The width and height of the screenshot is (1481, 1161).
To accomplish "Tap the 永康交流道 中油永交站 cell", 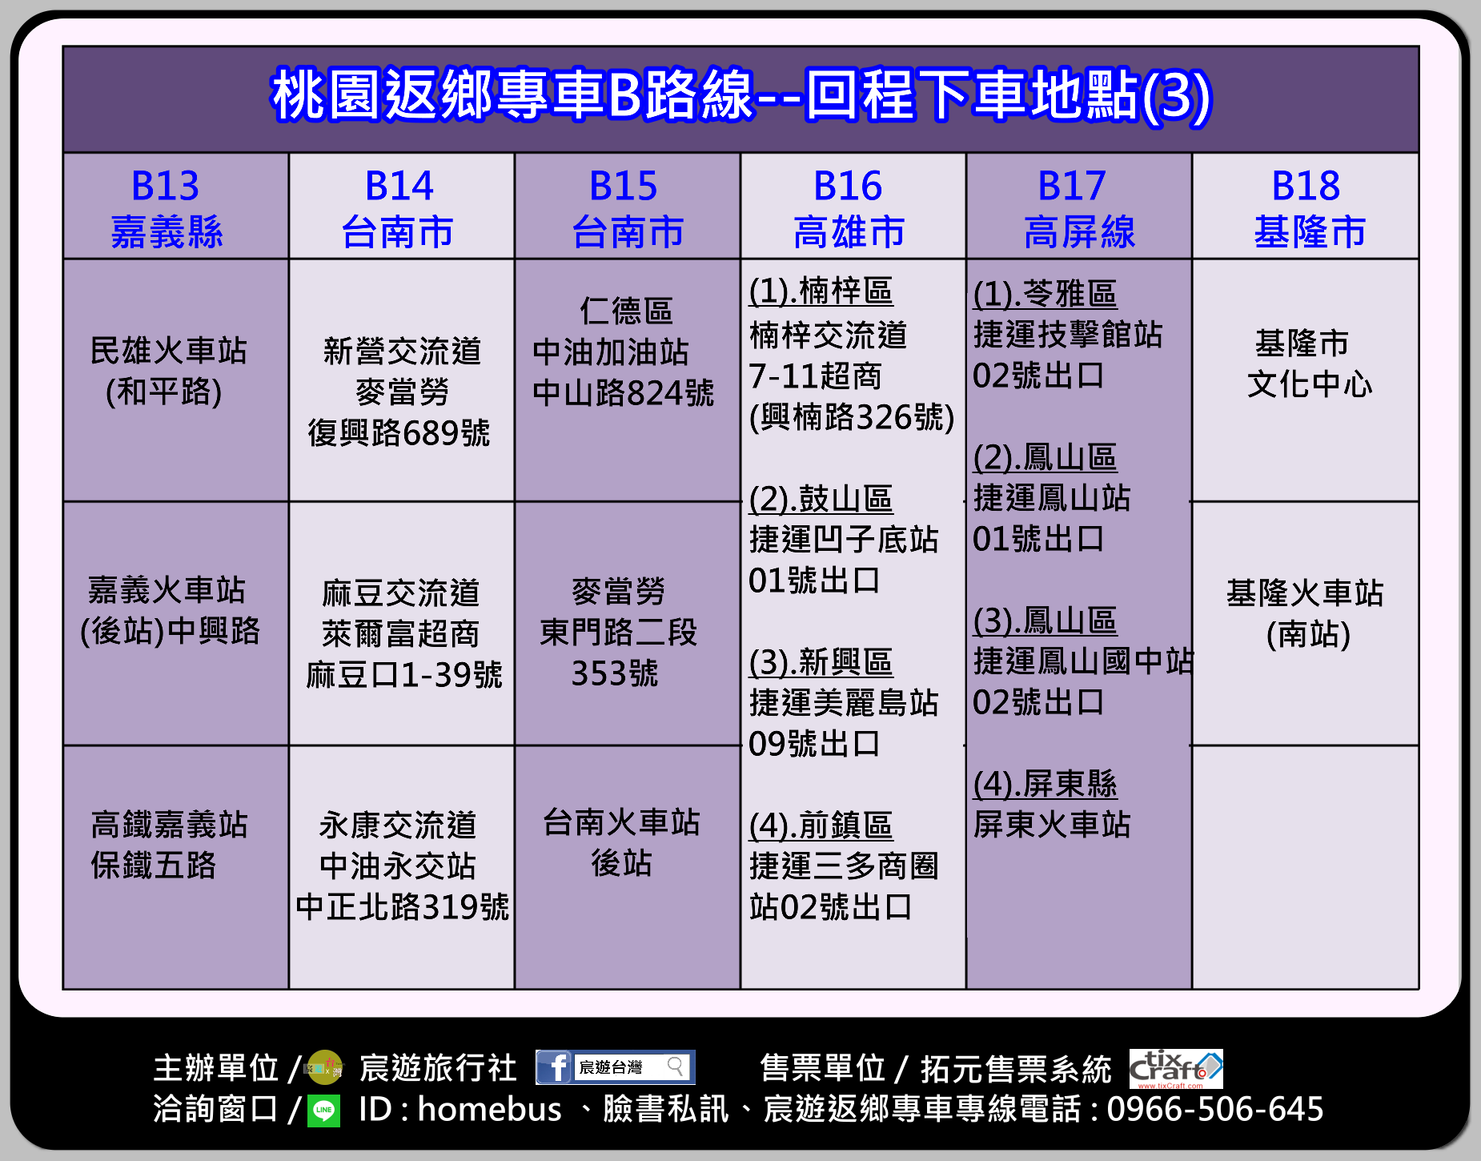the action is tap(402, 866).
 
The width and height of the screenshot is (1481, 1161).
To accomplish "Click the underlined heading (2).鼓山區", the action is tap(821, 499).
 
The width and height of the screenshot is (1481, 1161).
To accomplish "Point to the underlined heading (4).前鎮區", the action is tap(821, 826).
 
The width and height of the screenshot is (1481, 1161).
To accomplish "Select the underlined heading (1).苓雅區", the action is tap(1045, 294).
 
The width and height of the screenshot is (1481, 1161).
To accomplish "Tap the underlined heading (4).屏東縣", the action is tap(1045, 784).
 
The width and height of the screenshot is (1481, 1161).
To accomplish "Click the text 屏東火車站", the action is tap(1052, 824).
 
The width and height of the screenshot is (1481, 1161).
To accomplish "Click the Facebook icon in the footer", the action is tap(554, 1067).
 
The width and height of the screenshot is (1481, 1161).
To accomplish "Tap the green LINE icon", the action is tap(324, 1111).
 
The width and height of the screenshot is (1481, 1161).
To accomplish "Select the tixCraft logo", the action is tap(1176, 1069).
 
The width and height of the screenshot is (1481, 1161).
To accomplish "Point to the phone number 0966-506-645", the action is tap(1214, 1110).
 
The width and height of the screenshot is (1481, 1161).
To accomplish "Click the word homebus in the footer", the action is tap(490, 1110).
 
